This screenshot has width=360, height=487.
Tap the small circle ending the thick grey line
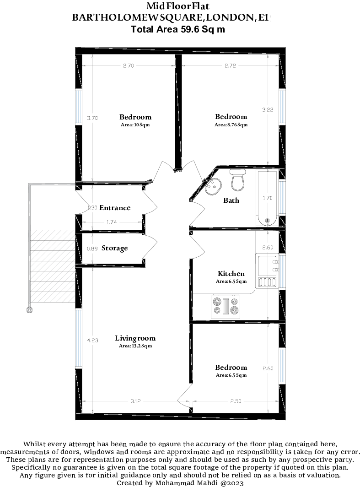[30, 310]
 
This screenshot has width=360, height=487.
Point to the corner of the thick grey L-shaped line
[30, 184]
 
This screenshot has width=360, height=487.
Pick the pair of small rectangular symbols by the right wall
[275, 266]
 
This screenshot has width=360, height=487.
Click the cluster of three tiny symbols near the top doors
[211, 184]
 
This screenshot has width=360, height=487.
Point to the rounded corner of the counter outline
[252, 291]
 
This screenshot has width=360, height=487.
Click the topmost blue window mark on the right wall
[283, 107]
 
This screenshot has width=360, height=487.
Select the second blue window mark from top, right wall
[283, 197]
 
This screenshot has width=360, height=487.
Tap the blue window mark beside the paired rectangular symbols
[283, 271]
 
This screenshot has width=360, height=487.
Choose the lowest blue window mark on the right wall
[283, 365]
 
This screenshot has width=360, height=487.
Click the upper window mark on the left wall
[79, 107]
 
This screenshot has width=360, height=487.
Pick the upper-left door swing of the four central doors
[149, 203]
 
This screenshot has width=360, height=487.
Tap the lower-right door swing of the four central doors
[197, 247]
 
